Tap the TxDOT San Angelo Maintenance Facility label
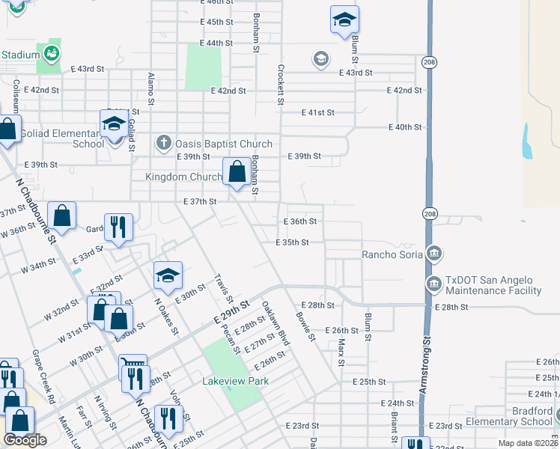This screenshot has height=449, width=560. (x=493, y=286)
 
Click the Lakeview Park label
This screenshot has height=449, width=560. (x=235, y=381)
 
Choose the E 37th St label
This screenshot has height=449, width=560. (x=200, y=202)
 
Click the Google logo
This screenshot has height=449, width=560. (x=25, y=440)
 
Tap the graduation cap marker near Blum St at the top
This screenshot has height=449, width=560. (x=344, y=20)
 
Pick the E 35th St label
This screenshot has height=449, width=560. (x=292, y=242)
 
